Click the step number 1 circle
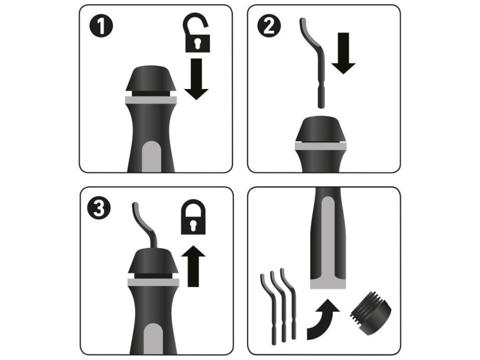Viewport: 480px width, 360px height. (x=101, y=26)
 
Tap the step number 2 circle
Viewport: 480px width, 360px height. (x=269, y=26)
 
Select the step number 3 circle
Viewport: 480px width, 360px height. (x=99, y=208)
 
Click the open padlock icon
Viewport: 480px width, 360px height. (x=197, y=33)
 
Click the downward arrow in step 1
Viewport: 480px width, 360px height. (x=196, y=79)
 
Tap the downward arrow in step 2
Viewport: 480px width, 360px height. (x=343, y=53)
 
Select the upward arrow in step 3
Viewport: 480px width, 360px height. (x=193, y=266)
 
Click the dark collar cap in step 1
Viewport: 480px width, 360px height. (x=151, y=80)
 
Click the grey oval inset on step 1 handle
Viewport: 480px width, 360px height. (x=152, y=157)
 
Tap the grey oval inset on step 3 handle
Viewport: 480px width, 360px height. (x=154, y=339)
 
